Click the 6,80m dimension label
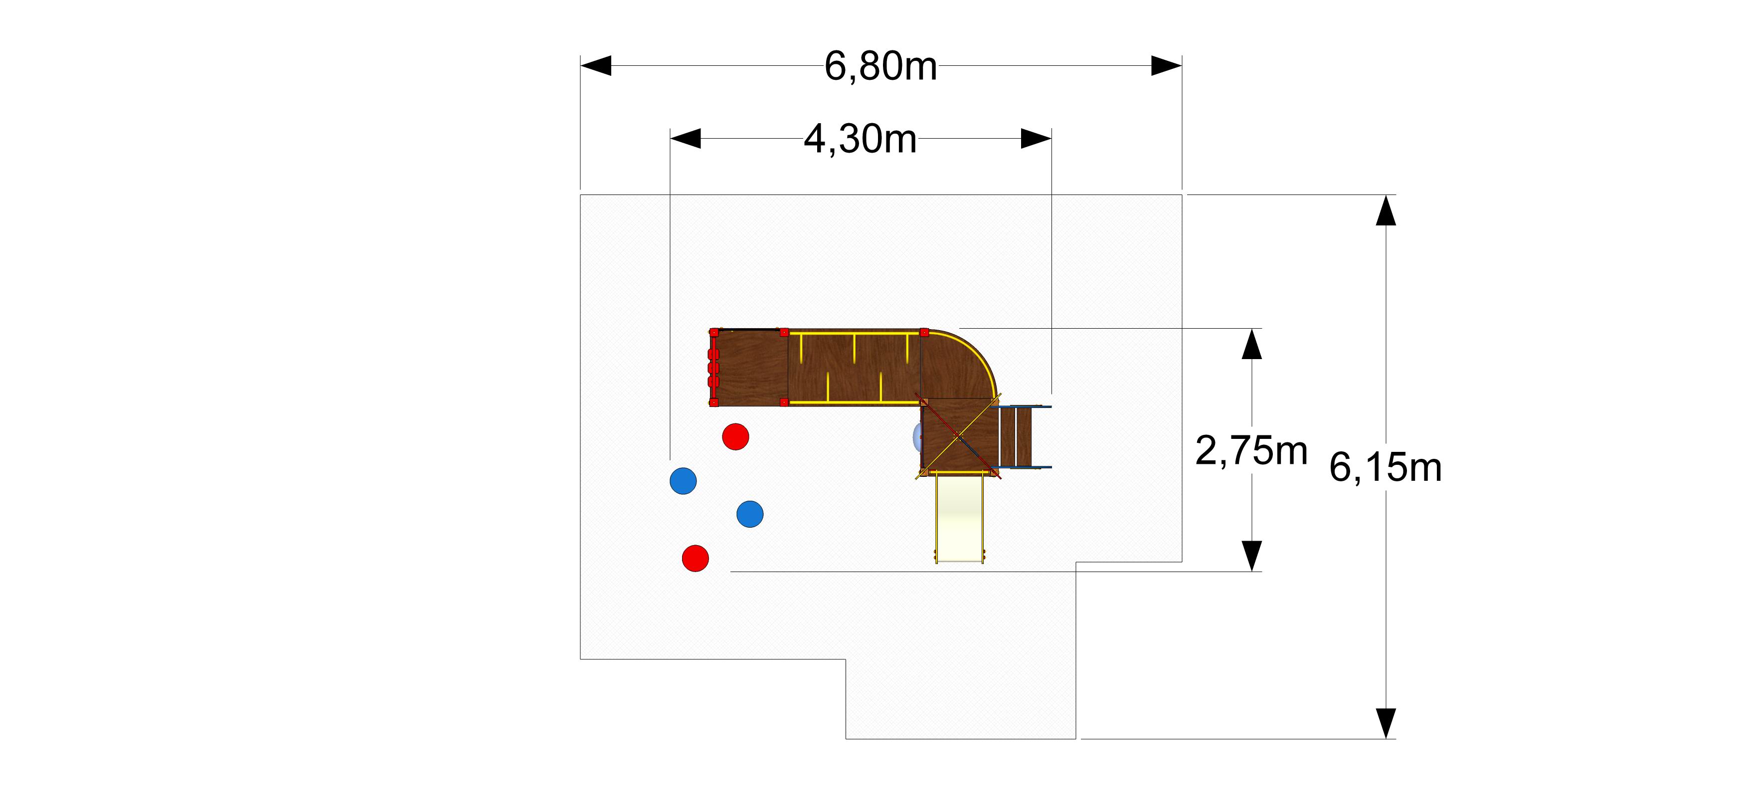(x=880, y=66)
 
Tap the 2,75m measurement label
(x=1251, y=451)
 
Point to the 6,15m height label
(x=1386, y=468)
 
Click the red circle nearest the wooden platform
(x=736, y=436)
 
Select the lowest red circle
(x=696, y=559)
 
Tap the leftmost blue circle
(x=683, y=481)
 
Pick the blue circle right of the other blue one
(x=750, y=514)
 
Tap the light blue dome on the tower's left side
(x=917, y=437)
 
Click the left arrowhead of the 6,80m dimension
(x=596, y=66)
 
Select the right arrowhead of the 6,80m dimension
(x=1167, y=66)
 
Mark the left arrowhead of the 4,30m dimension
(x=686, y=139)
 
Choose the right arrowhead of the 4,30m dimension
(x=1036, y=139)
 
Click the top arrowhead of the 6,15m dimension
(x=1386, y=210)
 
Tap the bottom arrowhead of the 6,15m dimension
(x=1386, y=723)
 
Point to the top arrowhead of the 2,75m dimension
(x=1252, y=344)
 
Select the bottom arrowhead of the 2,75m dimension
(x=1252, y=556)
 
